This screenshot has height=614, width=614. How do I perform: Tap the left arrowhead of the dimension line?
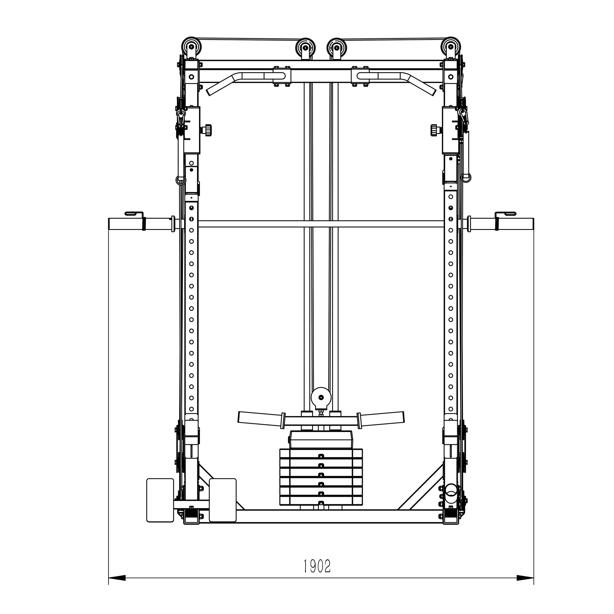coord(117,586)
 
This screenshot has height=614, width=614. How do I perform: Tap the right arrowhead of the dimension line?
coord(525,586)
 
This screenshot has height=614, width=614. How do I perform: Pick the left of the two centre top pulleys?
coord(305,48)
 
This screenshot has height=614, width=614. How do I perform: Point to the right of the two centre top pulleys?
coord(337,48)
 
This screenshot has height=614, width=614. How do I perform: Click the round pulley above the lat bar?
coord(321,397)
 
